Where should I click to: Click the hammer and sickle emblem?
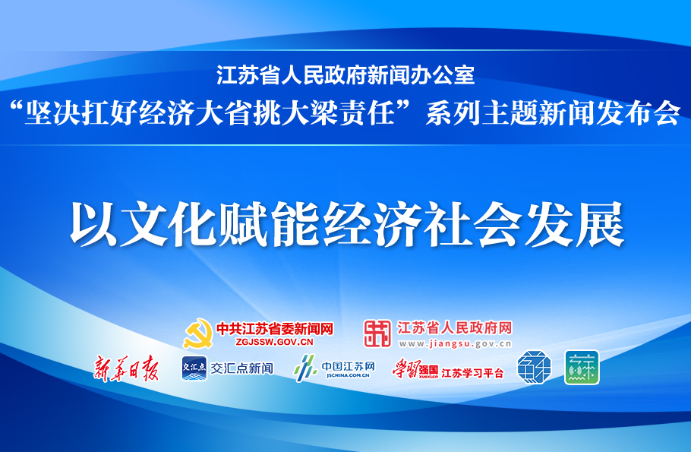pos(197,333)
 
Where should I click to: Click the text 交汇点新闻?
pos(241,368)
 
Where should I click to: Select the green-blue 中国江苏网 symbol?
pos(304,368)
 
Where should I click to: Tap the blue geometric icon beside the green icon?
pos(534,367)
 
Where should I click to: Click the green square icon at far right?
pos(581,367)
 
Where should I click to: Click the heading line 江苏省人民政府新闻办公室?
pos(345,75)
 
